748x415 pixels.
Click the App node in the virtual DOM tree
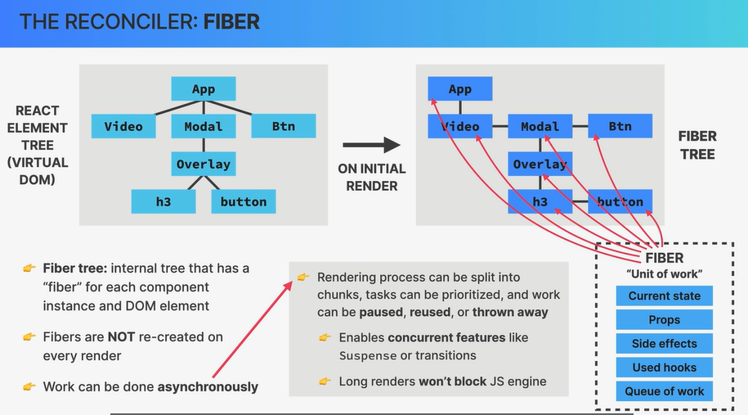pos(204,89)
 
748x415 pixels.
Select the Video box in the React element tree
pos(123,126)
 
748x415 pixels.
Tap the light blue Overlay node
pos(204,164)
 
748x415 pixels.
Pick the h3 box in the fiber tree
pos(540,201)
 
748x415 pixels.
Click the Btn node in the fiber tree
pos(620,126)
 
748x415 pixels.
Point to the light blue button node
pos(244,201)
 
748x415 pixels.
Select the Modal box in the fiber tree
pos(540,126)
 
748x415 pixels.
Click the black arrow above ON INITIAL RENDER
pos(371,145)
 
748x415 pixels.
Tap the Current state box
pos(664,295)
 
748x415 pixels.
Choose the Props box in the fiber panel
pos(664,319)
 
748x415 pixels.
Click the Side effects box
pos(664,343)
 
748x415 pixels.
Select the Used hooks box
pos(664,368)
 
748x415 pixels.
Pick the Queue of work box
pos(664,391)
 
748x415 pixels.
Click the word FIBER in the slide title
pos(231,22)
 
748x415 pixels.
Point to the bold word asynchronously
pos(208,387)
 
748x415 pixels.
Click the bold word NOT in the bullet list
pos(121,337)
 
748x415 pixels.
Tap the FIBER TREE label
pos(697,145)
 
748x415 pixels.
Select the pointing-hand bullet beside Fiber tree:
pos(29,268)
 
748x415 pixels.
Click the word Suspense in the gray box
pos(368,356)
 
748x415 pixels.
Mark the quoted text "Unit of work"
pos(664,274)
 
